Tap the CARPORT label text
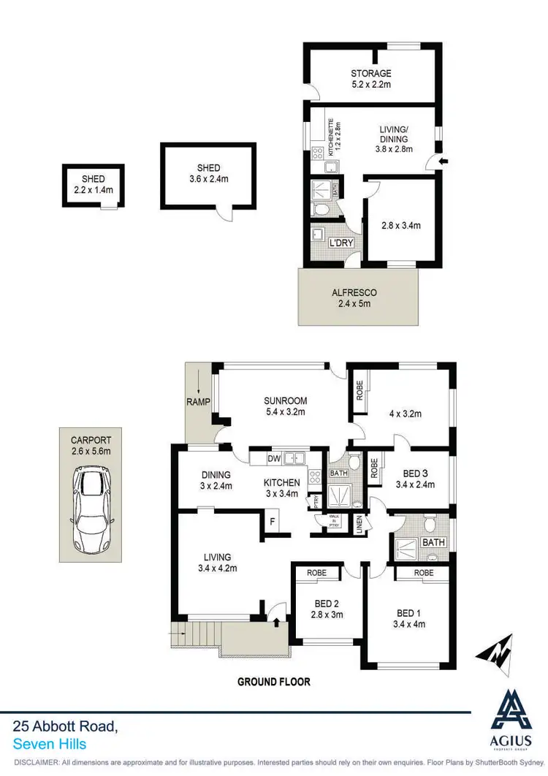click(x=91, y=440)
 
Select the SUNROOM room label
click(x=285, y=400)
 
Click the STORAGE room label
click(x=370, y=73)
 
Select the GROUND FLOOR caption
click(x=274, y=682)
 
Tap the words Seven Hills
click(x=50, y=744)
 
